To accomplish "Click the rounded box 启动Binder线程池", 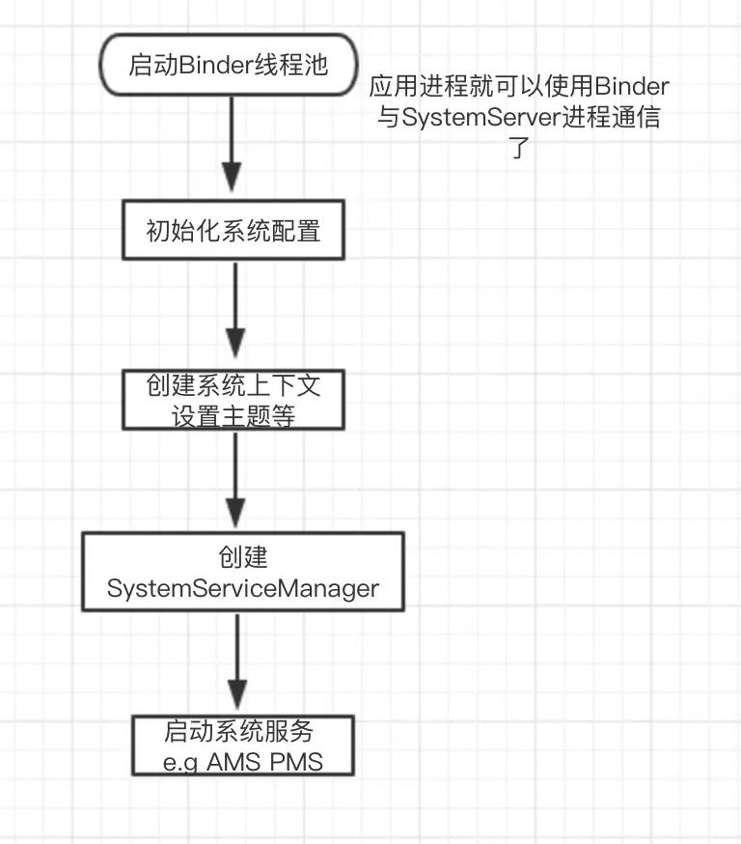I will coord(229,67).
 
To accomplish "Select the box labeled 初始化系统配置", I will coord(233,231).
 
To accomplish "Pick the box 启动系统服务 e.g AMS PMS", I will coord(242,745).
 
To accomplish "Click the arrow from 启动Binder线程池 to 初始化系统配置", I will coord(232,145).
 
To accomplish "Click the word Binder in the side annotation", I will coord(633,87).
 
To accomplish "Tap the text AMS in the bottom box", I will coord(234,762).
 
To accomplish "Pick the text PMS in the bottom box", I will coord(297,762).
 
